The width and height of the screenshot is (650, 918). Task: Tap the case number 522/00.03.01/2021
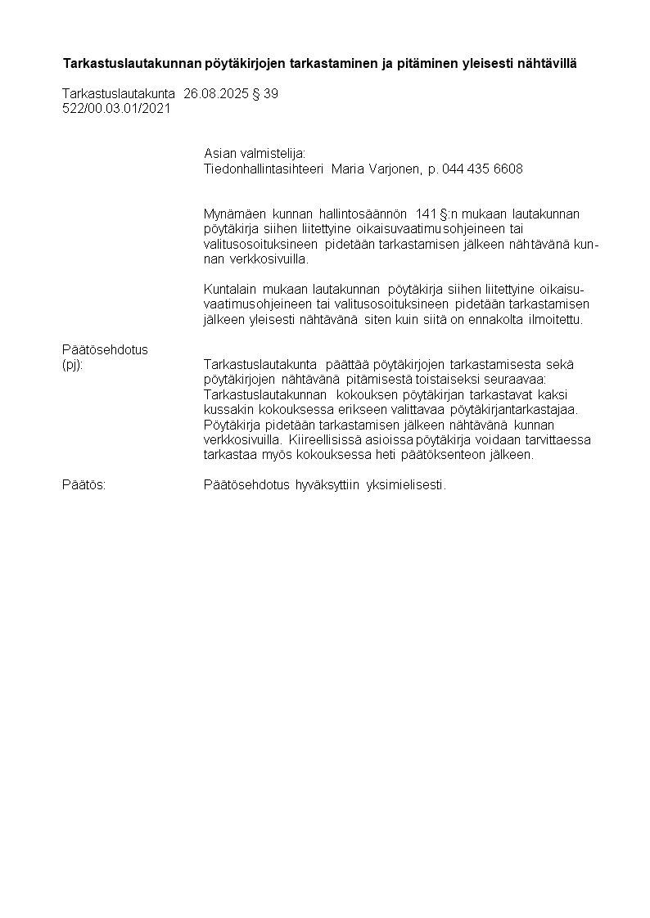pyautogui.click(x=116, y=108)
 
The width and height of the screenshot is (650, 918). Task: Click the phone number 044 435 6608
pyautogui.click(x=482, y=169)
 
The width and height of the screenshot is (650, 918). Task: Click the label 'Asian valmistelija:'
pyautogui.click(x=255, y=153)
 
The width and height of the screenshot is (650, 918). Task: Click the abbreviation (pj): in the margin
pyautogui.click(x=73, y=365)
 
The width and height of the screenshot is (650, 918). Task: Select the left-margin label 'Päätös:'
pyautogui.click(x=84, y=485)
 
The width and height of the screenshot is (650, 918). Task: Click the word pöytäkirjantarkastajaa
pyautogui.click(x=520, y=410)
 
